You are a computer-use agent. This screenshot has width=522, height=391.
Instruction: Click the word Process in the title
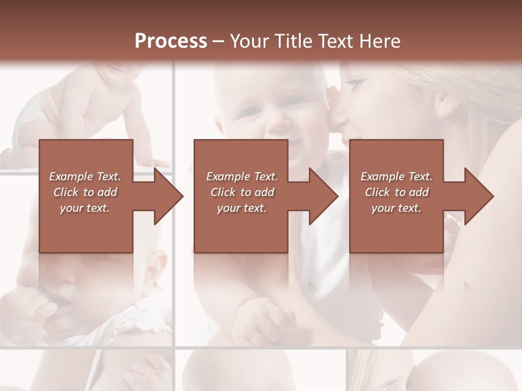(x=171, y=41)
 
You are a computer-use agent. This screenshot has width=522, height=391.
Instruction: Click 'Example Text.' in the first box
(x=85, y=176)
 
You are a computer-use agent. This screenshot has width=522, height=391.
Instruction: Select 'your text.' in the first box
(x=85, y=208)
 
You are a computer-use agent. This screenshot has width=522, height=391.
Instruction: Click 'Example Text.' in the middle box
(x=242, y=176)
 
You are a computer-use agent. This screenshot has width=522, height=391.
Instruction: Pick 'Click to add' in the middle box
(x=242, y=192)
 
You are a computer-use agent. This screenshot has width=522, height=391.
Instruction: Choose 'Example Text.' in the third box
(x=396, y=176)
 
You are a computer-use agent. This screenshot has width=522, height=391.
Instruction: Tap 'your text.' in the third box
(x=396, y=208)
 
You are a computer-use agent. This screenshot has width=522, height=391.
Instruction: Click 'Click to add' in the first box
(x=85, y=192)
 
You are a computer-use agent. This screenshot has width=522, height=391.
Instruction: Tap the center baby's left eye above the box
(x=251, y=111)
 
